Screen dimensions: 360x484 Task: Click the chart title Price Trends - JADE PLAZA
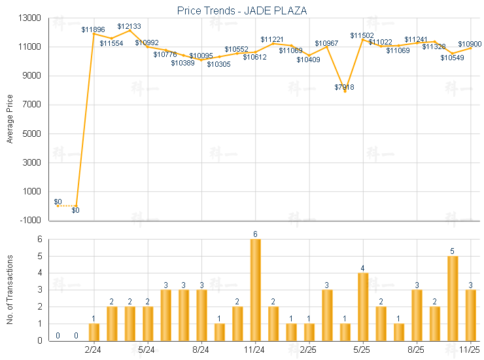pyautogui.click(x=241, y=10)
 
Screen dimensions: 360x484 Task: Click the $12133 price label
pyautogui.click(x=129, y=26)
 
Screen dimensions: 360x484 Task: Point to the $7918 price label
pyautogui.click(x=345, y=86)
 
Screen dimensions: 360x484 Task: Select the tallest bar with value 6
pyautogui.click(x=255, y=289)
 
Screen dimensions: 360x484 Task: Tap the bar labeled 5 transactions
pyautogui.click(x=453, y=298)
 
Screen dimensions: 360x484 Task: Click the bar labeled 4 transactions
pyautogui.click(x=363, y=306)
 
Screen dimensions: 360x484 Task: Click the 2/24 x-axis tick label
pyautogui.click(x=94, y=350)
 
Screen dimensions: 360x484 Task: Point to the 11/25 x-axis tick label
pyautogui.click(x=470, y=350)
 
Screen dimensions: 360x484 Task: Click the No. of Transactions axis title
pyautogui.click(x=9, y=289)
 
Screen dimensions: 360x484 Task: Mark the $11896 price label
pyautogui.click(x=93, y=29)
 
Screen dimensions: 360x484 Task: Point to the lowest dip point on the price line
pyautogui.click(x=345, y=91)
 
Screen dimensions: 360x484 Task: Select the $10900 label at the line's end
pyautogui.click(x=470, y=44)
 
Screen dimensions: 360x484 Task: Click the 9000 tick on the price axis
pyautogui.click(x=32, y=76)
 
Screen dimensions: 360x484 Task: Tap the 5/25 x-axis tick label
pyautogui.click(x=363, y=350)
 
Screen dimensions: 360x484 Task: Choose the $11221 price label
pyautogui.click(x=272, y=39)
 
